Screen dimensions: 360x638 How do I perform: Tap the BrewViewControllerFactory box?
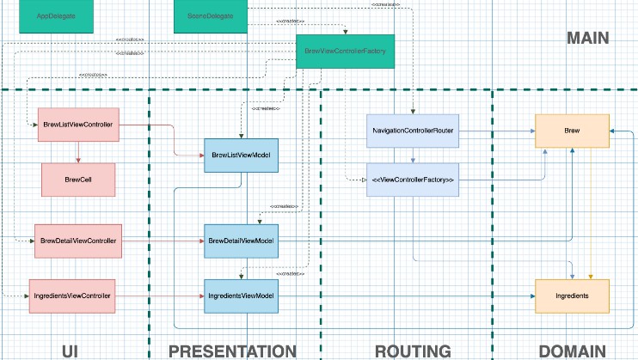click(346, 52)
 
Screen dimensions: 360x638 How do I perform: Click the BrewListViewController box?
click(78, 125)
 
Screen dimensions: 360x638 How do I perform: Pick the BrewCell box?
click(78, 180)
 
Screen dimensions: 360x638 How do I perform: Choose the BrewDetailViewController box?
click(78, 241)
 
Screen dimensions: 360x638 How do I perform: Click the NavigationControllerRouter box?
click(413, 131)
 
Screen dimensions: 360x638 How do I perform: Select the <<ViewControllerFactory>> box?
click(413, 180)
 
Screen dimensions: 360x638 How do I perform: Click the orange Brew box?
click(572, 131)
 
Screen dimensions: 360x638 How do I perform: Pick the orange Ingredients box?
click(572, 296)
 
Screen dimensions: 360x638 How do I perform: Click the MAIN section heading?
click(587, 38)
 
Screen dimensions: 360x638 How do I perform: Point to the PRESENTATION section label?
click(232, 350)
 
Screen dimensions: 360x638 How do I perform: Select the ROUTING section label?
click(413, 350)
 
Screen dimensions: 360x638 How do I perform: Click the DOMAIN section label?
click(572, 350)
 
